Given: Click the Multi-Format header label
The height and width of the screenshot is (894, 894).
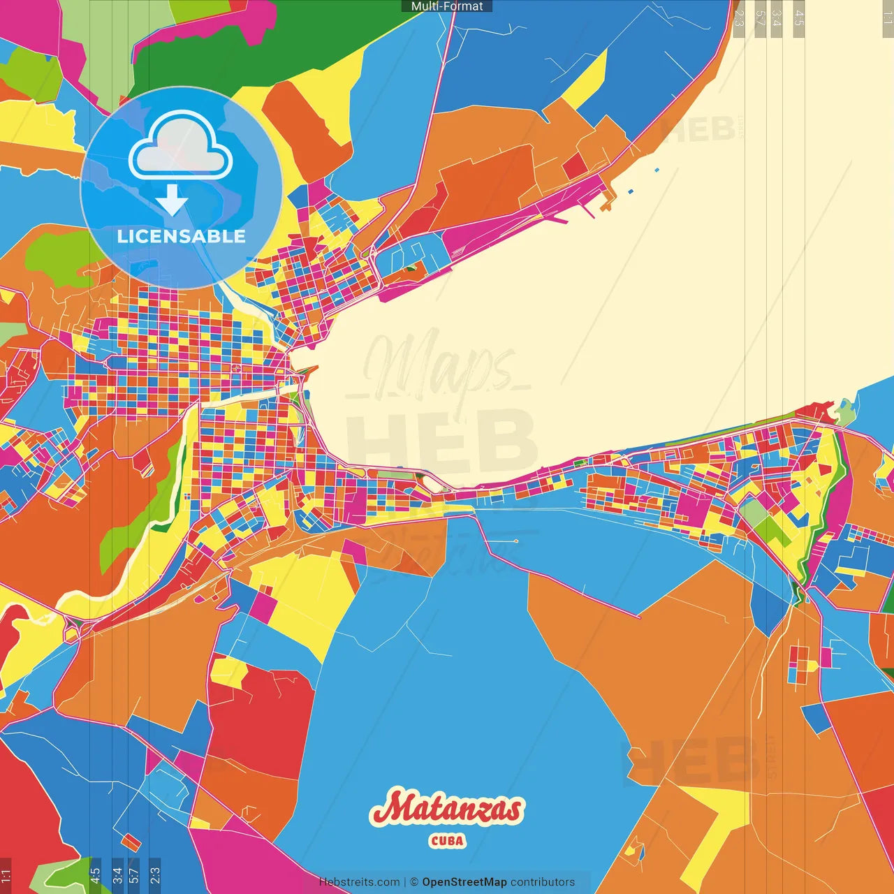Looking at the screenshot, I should pos(447,6).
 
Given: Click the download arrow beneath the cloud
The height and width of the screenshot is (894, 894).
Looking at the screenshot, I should pos(172,201).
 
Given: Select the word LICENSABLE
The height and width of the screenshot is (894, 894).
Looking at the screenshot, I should pos(181,236).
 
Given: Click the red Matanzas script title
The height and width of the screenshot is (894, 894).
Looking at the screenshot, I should pos(447,809).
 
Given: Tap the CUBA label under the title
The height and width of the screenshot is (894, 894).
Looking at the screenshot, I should pos(447,840).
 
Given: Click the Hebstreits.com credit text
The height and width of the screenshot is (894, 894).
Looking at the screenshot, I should pos(359,882).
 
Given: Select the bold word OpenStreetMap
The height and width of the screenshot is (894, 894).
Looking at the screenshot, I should pos(464,882).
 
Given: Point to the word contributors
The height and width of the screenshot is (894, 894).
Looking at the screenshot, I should pos(543,882).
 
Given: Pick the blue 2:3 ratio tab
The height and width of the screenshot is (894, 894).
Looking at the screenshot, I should pos(154,874).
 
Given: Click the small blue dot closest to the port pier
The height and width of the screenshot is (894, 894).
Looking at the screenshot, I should pos(631,191).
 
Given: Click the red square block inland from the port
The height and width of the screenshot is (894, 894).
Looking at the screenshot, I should pos(575,166).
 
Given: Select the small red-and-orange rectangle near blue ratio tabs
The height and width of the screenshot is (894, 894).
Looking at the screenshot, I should pos(131,842).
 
